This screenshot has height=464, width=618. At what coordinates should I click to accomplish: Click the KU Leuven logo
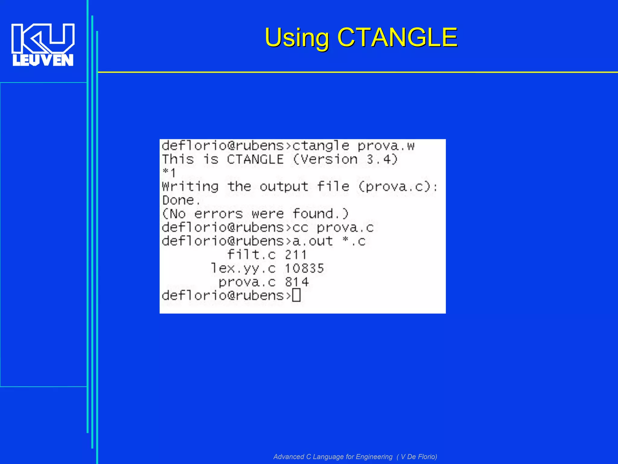[x=43, y=45]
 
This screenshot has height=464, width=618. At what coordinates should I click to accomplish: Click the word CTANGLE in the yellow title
[x=397, y=37]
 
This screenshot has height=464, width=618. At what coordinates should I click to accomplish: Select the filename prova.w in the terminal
[x=386, y=146]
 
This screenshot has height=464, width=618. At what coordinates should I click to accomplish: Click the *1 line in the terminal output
[x=169, y=173]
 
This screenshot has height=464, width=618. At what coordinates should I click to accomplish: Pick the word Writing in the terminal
[x=190, y=187]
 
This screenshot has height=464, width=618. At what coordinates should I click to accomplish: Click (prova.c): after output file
[x=398, y=187]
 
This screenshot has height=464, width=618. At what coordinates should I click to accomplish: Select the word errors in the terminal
[x=218, y=214]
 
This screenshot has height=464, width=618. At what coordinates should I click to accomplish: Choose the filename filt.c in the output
[x=251, y=255]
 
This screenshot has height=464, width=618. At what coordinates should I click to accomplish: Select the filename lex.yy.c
[x=243, y=268]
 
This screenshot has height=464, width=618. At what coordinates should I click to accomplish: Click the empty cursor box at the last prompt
[x=296, y=295]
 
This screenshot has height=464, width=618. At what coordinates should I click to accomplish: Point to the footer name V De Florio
[x=418, y=457]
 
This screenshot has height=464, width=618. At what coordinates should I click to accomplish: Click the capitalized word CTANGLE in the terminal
[x=255, y=159]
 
